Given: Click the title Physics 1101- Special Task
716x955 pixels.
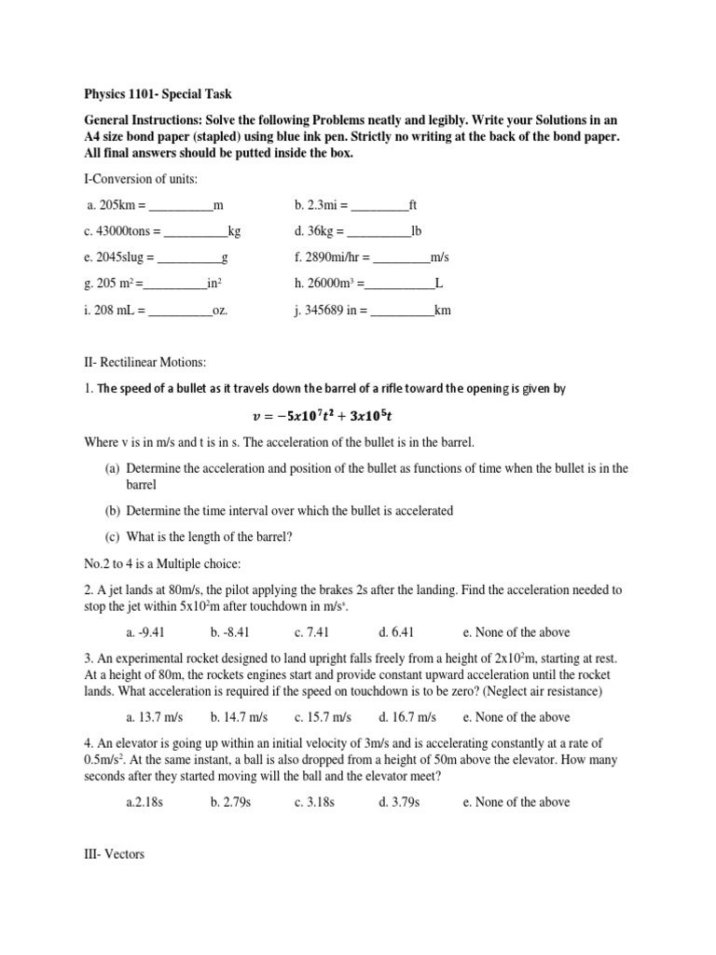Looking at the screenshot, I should (x=158, y=94).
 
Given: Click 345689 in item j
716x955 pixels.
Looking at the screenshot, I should (x=325, y=310).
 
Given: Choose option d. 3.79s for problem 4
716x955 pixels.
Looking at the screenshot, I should (x=401, y=802).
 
